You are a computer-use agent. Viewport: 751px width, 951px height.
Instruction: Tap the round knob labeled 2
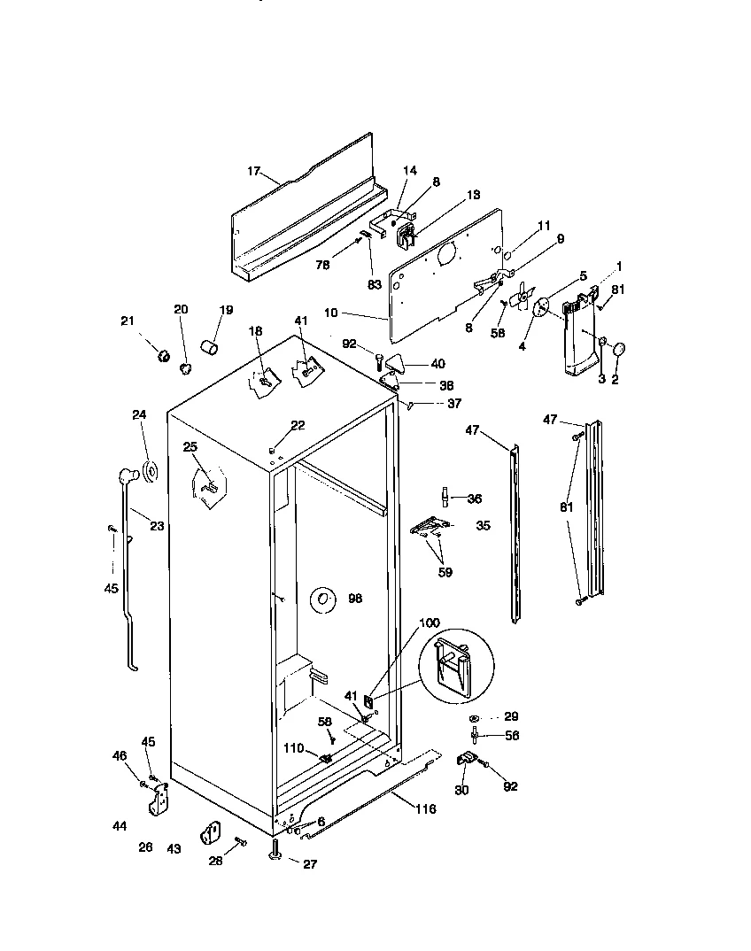click(618, 349)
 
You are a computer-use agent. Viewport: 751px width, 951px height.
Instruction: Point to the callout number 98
click(355, 599)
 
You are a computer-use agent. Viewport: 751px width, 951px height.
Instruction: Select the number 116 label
click(424, 809)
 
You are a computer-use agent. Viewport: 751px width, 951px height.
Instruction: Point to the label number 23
click(157, 525)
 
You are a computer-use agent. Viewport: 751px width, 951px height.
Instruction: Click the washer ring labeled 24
click(150, 472)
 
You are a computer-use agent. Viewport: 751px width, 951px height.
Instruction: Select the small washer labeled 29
click(476, 716)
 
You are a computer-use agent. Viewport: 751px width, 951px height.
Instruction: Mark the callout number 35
click(483, 525)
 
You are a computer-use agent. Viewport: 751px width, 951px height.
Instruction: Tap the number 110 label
click(293, 749)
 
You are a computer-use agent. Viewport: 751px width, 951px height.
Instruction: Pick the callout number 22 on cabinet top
click(298, 426)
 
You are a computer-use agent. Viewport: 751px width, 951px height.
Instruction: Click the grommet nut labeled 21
click(163, 356)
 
